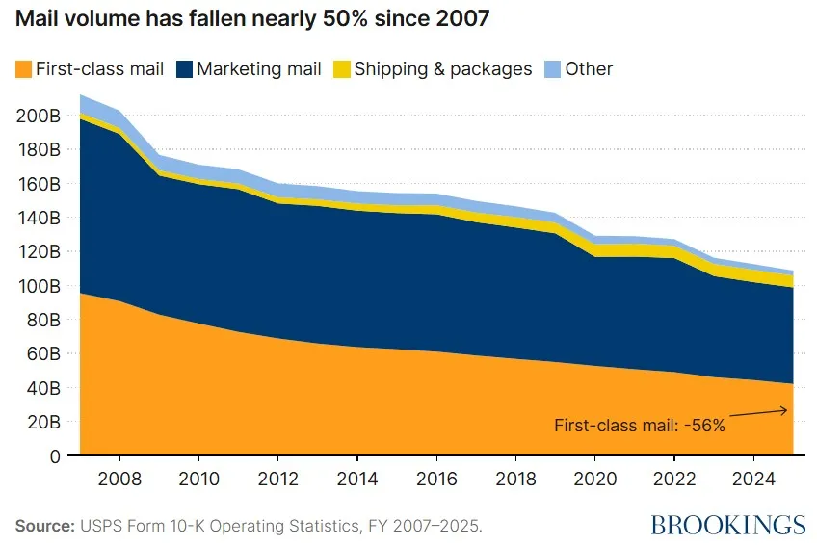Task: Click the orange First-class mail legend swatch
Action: point(23,69)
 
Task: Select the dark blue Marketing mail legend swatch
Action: point(183,69)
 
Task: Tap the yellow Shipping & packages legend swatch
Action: point(342,69)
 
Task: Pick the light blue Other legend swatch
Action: point(553,69)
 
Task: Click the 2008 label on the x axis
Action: point(119,478)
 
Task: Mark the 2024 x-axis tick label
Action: point(753,478)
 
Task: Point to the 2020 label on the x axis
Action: point(594,478)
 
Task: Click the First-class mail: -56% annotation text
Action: point(639,425)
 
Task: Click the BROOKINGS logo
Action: point(727,525)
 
